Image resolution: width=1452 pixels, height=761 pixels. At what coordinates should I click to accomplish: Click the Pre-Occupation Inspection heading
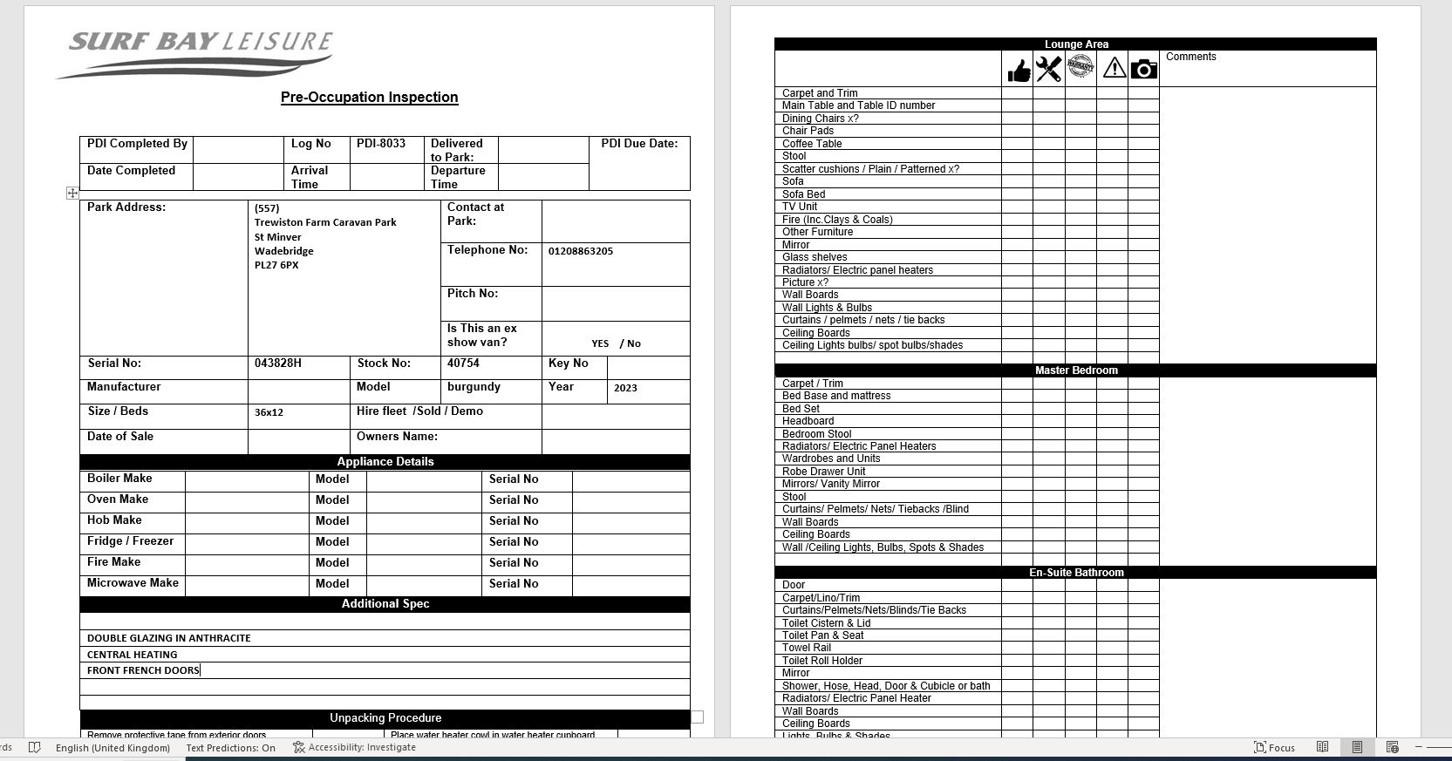coord(369,98)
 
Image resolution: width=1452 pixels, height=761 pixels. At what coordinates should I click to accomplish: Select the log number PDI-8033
coord(381,144)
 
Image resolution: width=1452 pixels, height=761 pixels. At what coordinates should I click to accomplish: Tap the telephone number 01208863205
coord(581,251)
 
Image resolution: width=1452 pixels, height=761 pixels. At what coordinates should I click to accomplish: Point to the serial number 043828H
coord(278,364)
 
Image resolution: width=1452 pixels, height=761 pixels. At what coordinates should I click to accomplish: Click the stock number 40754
coord(463,364)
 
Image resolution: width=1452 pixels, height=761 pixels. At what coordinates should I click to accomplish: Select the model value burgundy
coord(474,387)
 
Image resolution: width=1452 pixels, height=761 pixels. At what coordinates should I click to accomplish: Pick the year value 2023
coord(625,388)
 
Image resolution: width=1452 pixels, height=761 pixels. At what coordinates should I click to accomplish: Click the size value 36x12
coord(269,412)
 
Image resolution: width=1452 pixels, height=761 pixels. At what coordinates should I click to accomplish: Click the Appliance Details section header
coord(385,462)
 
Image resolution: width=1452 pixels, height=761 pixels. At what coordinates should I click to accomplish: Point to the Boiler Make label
coord(119,479)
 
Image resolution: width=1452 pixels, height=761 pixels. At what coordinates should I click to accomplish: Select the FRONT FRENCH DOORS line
coord(143,670)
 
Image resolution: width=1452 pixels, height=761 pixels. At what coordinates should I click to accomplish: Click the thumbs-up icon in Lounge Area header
coord(1018,71)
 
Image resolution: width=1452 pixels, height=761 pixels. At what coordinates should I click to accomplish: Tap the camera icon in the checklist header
coord(1143,69)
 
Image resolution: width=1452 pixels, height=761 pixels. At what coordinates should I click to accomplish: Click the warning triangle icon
coord(1114,68)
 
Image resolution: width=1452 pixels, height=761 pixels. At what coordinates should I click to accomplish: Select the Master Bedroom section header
coord(1075,370)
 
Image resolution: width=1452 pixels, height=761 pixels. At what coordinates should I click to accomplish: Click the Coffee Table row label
coord(812,144)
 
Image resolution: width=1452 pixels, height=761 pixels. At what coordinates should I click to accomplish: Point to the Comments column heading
coord(1190,58)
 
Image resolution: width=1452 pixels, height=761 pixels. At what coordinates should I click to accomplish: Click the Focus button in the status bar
coord(1274,747)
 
